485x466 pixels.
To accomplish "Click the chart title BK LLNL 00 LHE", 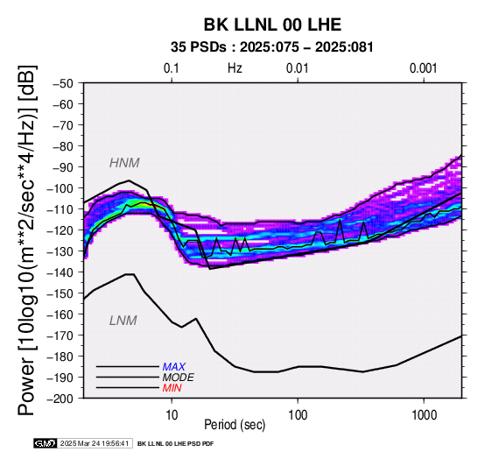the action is (272, 25).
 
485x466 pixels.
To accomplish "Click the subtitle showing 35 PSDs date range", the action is (272, 47).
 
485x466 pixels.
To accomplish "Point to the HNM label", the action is (124, 163).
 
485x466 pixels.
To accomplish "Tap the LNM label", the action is (123, 321).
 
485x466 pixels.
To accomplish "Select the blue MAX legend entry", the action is (174, 367).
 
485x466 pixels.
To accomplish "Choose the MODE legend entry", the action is (179, 378).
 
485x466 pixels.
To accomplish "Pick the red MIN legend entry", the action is (172, 388).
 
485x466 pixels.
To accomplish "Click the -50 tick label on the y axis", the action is (63, 83).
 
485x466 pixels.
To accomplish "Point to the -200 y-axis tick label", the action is (60, 399).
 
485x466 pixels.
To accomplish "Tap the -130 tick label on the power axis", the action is (60, 251).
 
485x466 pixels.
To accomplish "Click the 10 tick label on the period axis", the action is (172, 415).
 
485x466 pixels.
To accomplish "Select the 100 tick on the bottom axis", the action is (298, 415).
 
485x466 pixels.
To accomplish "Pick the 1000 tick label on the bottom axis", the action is (424, 415).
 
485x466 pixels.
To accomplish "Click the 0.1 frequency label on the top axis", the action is (172, 68).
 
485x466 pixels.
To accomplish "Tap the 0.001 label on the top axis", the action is (423, 68).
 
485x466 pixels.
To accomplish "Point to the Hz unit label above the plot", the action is (235, 68).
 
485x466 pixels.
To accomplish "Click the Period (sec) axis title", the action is (235, 425).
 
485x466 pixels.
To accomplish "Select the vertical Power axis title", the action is (28, 240).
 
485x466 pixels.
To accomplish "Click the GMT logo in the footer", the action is (46, 443).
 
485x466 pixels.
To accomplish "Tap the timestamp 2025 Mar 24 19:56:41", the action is (95, 443).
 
